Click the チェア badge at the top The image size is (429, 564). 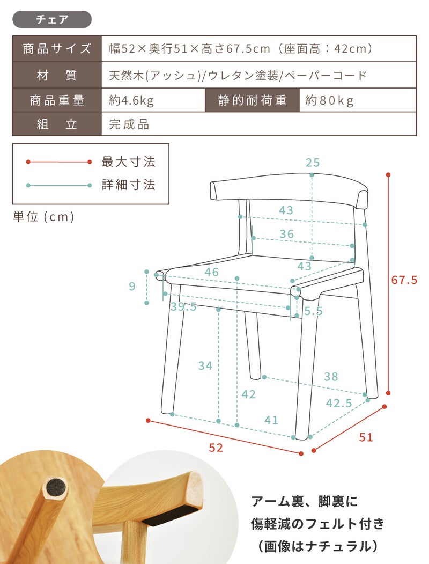52,19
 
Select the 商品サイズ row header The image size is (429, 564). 57,48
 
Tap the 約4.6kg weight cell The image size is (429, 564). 153,100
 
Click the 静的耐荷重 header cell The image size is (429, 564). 252,100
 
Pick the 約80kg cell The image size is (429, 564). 358,100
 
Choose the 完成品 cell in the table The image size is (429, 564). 258,124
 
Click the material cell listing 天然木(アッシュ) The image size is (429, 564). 258,75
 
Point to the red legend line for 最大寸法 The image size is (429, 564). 59,162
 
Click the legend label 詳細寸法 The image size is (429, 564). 128,185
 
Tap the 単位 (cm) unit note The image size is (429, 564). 43,217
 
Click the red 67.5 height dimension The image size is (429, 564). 404,280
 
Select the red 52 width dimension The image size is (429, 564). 216,448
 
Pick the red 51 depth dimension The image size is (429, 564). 366,437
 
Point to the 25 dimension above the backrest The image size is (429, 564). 313,163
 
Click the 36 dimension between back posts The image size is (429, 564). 287,234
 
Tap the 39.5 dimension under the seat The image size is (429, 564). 183,307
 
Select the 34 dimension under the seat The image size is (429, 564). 205,366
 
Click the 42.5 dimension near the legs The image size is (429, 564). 339,403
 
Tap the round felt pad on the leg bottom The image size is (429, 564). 56,488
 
